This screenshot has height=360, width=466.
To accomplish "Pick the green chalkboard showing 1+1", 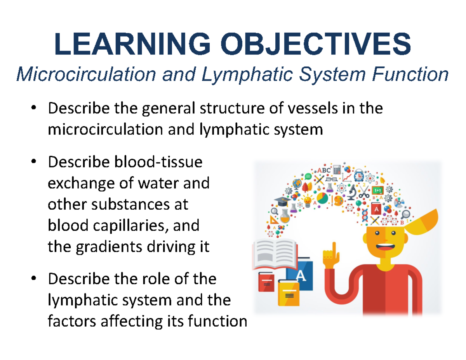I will pos(377,190).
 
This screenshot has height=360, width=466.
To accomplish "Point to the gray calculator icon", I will pos(337,170).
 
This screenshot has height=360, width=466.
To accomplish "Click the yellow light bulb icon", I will pos(308,201).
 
